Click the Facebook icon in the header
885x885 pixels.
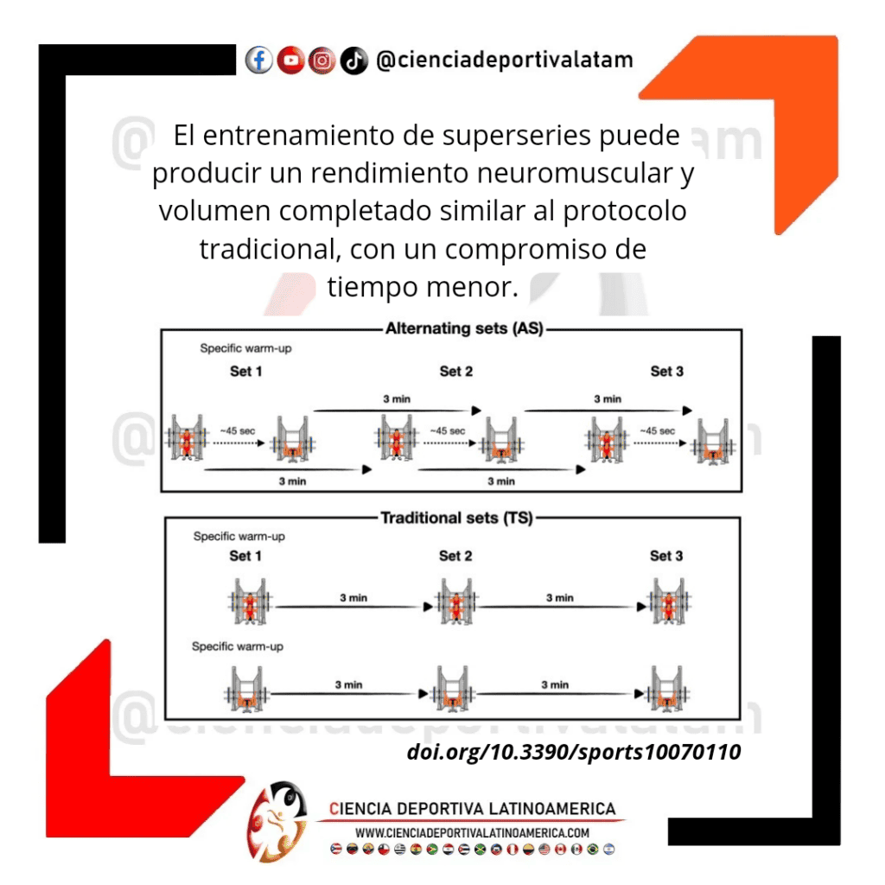[x=259, y=60]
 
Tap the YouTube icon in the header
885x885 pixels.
[x=290, y=60]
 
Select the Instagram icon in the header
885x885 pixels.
[x=322, y=60]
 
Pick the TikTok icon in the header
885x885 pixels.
[x=353, y=60]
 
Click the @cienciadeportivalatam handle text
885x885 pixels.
[x=505, y=60]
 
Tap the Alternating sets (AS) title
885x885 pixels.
[x=464, y=328]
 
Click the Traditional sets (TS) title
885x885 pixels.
[x=456, y=519]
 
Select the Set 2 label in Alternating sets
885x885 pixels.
[x=456, y=372]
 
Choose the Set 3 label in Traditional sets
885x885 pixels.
[x=666, y=556]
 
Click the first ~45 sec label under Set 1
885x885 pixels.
[x=238, y=430]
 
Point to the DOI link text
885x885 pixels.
[x=574, y=752]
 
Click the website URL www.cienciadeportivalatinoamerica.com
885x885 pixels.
[x=472, y=833]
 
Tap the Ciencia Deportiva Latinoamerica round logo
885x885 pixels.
[x=277, y=821]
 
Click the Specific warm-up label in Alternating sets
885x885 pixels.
[x=245, y=348]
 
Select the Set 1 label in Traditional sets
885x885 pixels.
[x=245, y=556]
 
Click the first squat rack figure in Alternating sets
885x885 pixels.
[x=187, y=438]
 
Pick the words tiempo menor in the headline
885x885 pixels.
[x=423, y=287]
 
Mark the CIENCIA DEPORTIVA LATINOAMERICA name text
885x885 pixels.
[x=472, y=809]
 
